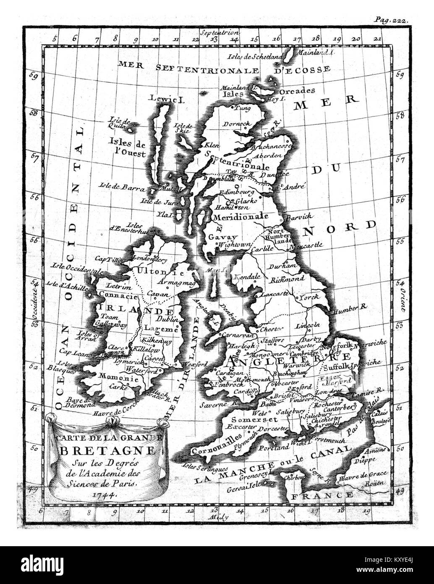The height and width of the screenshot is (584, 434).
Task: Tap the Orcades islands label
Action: (x=297, y=91)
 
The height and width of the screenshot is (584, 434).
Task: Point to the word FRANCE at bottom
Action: (x=322, y=495)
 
